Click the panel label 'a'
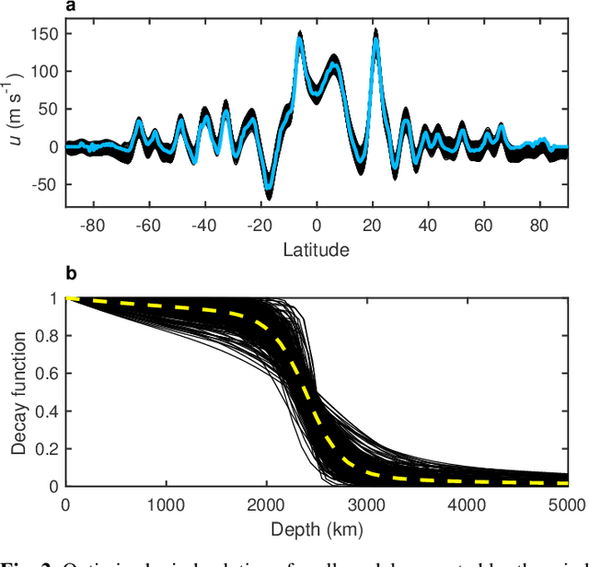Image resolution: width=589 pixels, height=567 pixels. pyautogui.click(x=70, y=9)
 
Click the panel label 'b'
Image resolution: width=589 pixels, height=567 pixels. pyautogui.click(x=70, y=273)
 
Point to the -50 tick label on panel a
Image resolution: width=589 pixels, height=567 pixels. pyautogui.click(x=44, y=184)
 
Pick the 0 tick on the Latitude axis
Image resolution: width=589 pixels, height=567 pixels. pyautogui.click(x=317, y=226)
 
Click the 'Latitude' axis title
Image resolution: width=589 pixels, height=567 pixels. pyautogui.click(x=317, y=249)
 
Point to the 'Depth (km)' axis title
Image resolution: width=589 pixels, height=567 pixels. pyautogui.click(x=317, y=529)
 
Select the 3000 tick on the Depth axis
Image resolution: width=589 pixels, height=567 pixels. pyautogui.click(x=367, y=505)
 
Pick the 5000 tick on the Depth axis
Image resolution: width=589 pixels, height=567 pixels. pyautogui.click(x=568, y=505)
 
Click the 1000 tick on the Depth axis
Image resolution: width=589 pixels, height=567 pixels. pyautogui.click(x=166, y=505)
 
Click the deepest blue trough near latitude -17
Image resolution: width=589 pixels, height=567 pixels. pyautogui.click(x=269, y=186)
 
